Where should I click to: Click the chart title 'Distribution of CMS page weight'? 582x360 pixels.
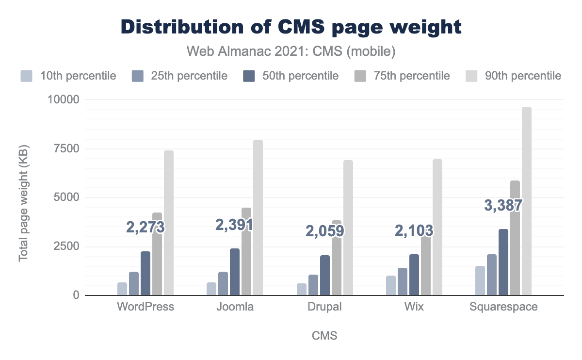[291, 27]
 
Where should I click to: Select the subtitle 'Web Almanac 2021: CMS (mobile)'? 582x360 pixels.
[291, 50]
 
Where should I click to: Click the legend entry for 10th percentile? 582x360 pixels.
[68, 76]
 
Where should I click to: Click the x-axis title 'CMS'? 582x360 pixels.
[324, 336]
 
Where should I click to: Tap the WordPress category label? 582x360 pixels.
[145, 307]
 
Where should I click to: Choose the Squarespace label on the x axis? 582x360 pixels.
[503, 307]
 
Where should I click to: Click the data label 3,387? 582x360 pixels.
[503, 205]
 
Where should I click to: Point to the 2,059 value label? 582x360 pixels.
[324, 231]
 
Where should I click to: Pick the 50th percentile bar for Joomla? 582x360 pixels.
[235, 272]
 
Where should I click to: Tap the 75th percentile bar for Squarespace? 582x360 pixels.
[515, 238]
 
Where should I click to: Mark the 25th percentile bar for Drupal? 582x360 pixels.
[313, 285]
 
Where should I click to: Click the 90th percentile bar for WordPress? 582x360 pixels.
[169, 223]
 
